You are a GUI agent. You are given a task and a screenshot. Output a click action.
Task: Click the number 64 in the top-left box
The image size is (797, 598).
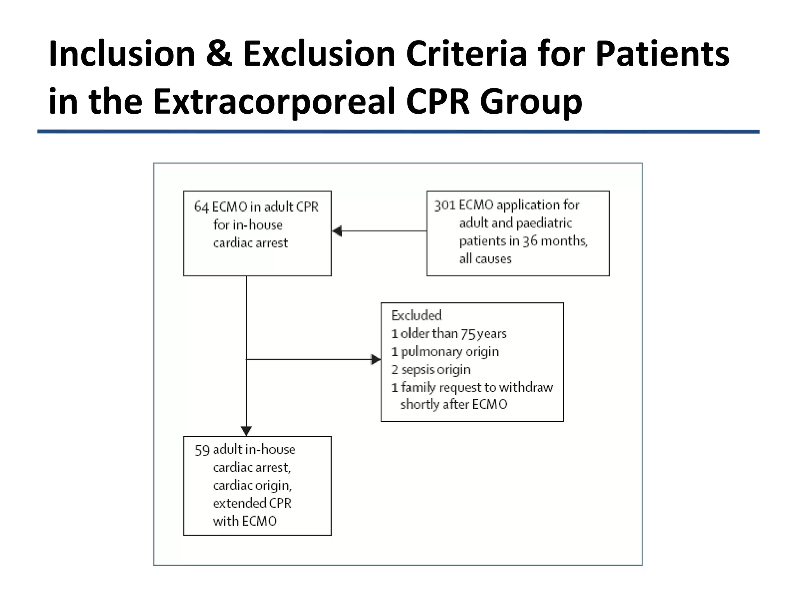202,207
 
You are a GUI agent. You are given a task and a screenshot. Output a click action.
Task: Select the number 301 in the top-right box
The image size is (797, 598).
444,205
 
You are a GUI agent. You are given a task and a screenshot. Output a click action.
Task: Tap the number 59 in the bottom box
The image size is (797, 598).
202,450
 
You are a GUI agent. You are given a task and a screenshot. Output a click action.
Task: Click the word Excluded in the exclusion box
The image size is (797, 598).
416,315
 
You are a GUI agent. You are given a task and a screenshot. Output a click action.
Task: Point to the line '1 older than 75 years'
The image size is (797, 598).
449,334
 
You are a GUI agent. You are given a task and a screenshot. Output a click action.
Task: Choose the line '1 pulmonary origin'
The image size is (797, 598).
445,352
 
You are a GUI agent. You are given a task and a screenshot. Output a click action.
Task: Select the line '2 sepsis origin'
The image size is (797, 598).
431,369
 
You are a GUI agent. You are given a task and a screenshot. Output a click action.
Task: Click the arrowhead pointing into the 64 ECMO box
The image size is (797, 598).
337,231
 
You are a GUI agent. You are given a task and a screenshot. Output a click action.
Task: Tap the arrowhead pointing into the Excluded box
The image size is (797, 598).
376,360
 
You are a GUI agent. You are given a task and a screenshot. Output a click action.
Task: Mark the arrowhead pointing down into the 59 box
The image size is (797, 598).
246,431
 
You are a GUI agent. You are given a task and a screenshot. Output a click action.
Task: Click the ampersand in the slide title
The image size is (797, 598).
219,54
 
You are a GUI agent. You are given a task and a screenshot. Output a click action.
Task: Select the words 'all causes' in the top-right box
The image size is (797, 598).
485,259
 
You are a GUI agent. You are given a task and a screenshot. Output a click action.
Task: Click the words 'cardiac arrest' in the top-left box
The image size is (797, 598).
250,243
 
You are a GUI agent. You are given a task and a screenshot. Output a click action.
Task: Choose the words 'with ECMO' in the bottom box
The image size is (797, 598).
244,521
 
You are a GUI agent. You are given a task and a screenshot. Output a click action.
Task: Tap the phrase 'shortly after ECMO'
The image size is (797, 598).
454,405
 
